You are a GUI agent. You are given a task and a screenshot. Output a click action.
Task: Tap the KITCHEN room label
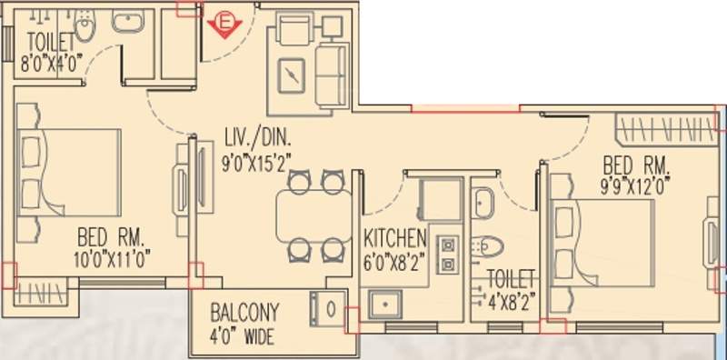click(395, 239)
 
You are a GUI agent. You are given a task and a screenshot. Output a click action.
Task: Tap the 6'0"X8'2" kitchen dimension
click(395, 258)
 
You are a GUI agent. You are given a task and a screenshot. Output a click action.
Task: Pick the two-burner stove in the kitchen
click(446, 255)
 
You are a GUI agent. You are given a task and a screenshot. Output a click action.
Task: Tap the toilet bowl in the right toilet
click(487, 245)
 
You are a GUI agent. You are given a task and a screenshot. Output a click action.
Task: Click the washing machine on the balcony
click(330, 306)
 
